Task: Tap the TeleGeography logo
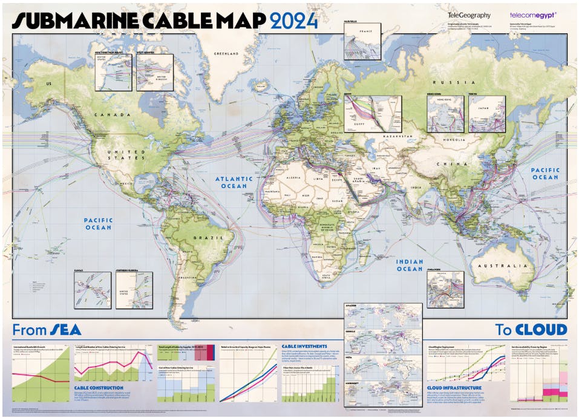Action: (469, 15)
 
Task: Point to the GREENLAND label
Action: (227, 54)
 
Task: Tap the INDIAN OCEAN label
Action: (409, 264)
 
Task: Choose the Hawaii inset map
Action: (92, 289)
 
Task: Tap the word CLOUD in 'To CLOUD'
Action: (541, 330)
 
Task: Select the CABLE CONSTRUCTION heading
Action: (99, 388)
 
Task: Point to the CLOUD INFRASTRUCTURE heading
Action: (454, 388)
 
